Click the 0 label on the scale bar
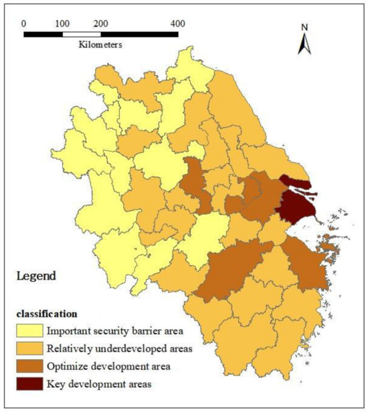coord(24,23)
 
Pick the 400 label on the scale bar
coord(177,23)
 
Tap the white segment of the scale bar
coord(82,33)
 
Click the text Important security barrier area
coord(114,330)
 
